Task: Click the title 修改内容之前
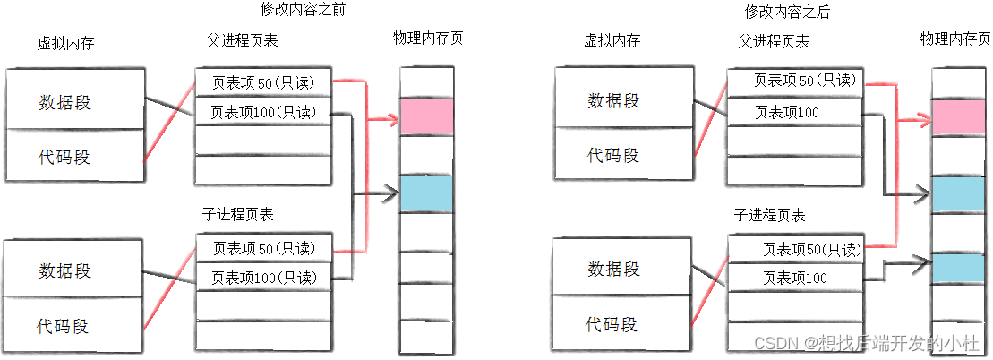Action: click(x=303, y=11)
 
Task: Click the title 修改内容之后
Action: click(x=788, y=12)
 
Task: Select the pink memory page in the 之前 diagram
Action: click(x=426, y=116)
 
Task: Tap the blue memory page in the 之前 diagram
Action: click(x=426, y=193)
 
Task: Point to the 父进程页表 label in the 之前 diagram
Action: click(x=242, y=41)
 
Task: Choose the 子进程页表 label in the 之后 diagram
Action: click(x=769, y=216)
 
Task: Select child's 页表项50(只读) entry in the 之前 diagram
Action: click(x=263, y=247)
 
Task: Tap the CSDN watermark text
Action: click(x=864, y=342)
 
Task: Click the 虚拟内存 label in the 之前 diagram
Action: click(x=65, y=42)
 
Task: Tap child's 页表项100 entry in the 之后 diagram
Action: click(x=795, y=279)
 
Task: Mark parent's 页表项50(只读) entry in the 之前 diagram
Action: click(x=263, y=82)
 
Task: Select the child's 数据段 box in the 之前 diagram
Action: click(x=75, y=270)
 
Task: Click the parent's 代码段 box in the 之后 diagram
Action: click(x=614, y=155)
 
